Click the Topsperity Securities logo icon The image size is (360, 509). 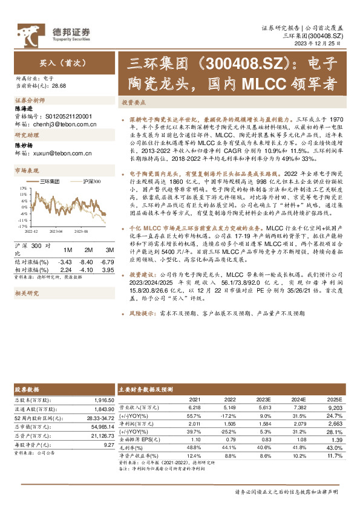pos(29,32)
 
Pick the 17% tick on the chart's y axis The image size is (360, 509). pos(23,187)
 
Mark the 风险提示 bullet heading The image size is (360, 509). pos(142,315)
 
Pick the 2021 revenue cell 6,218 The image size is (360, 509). pos(194,407)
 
